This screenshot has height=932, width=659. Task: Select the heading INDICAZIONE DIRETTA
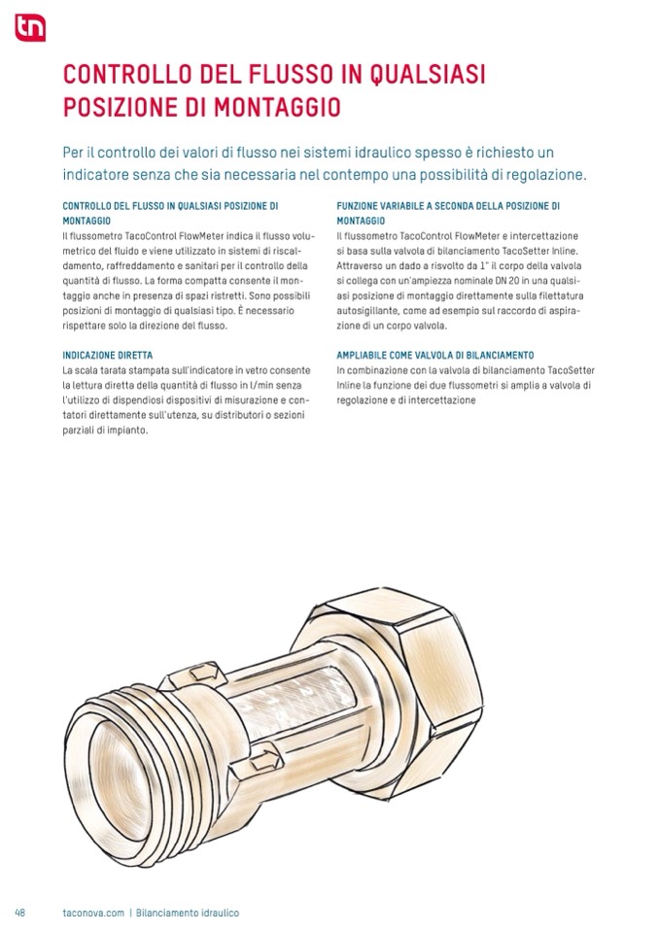(x=107, y=355)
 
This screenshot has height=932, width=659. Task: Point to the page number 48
(x=19, y=914)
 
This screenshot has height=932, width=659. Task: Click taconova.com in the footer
(x=93, y=914)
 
